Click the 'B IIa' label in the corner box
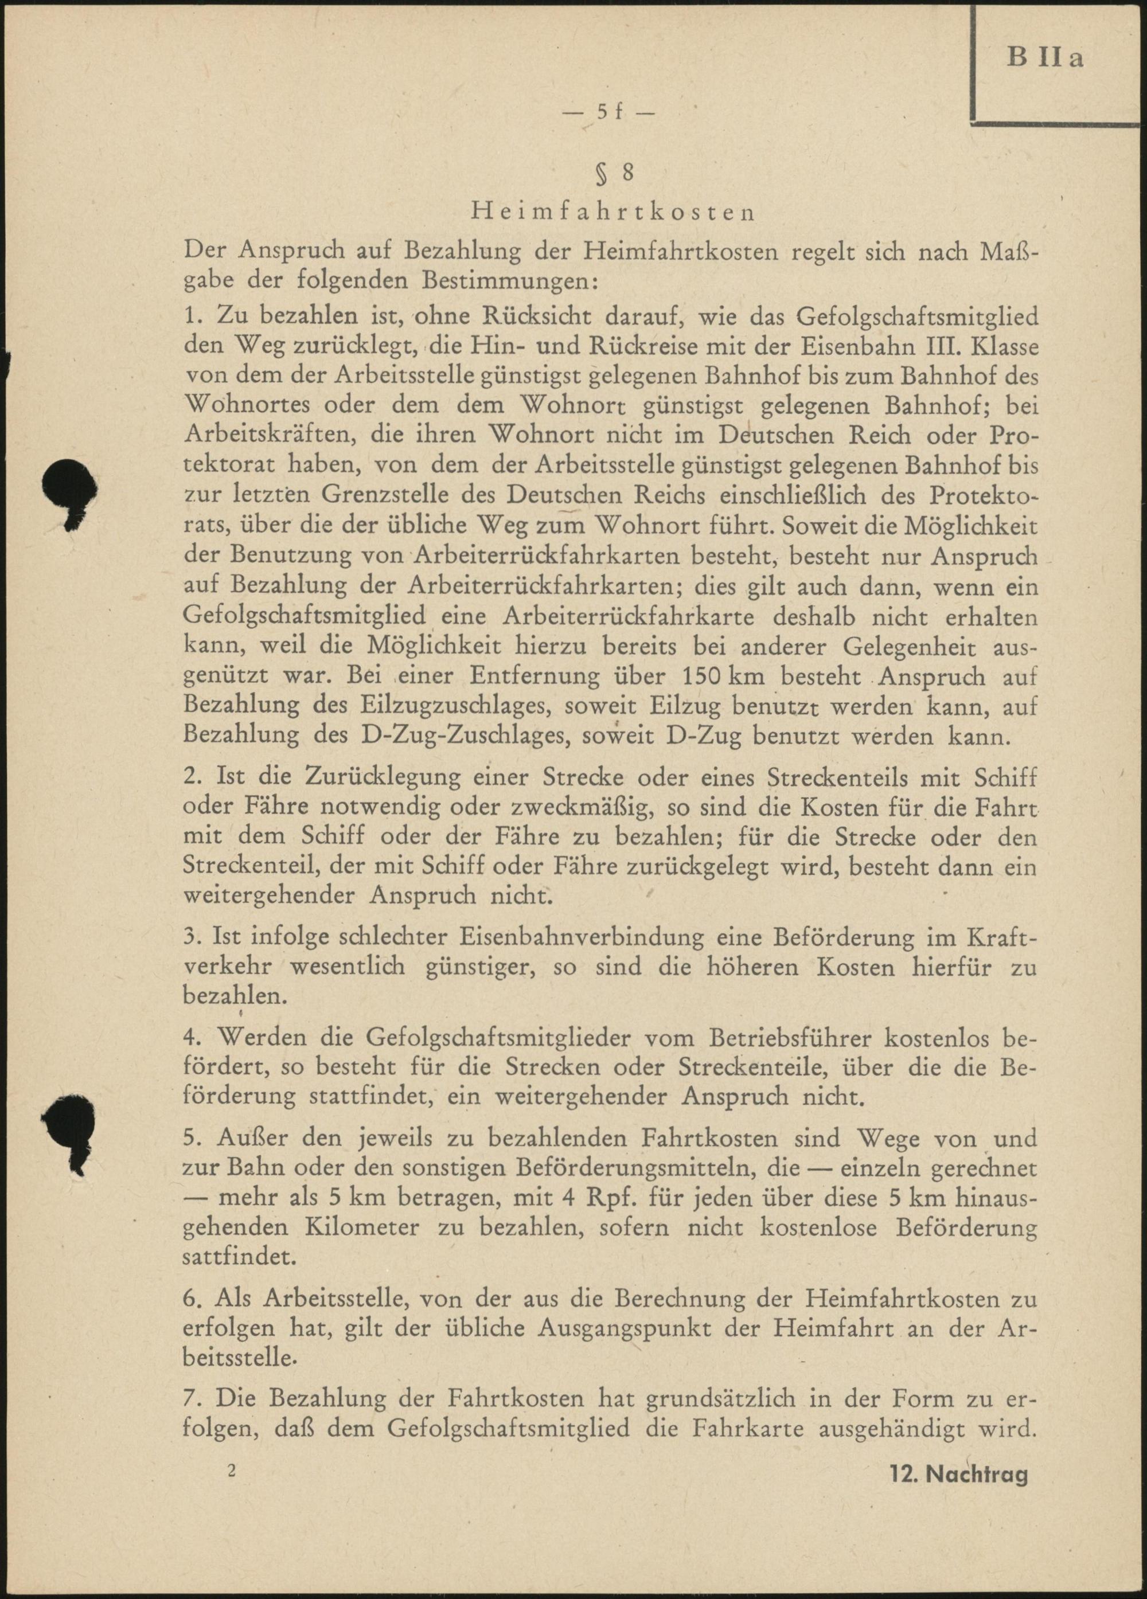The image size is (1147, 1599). tap(1045, 58)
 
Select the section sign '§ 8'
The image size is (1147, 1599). tap(611, 175)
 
